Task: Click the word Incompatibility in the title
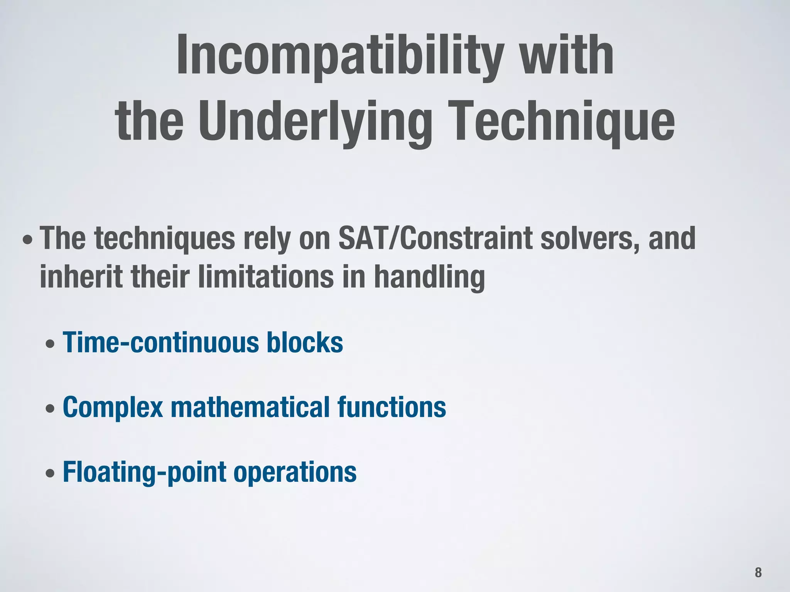339,56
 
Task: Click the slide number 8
758,572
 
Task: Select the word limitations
266,276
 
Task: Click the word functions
392,407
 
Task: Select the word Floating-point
145,473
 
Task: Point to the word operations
295,473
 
